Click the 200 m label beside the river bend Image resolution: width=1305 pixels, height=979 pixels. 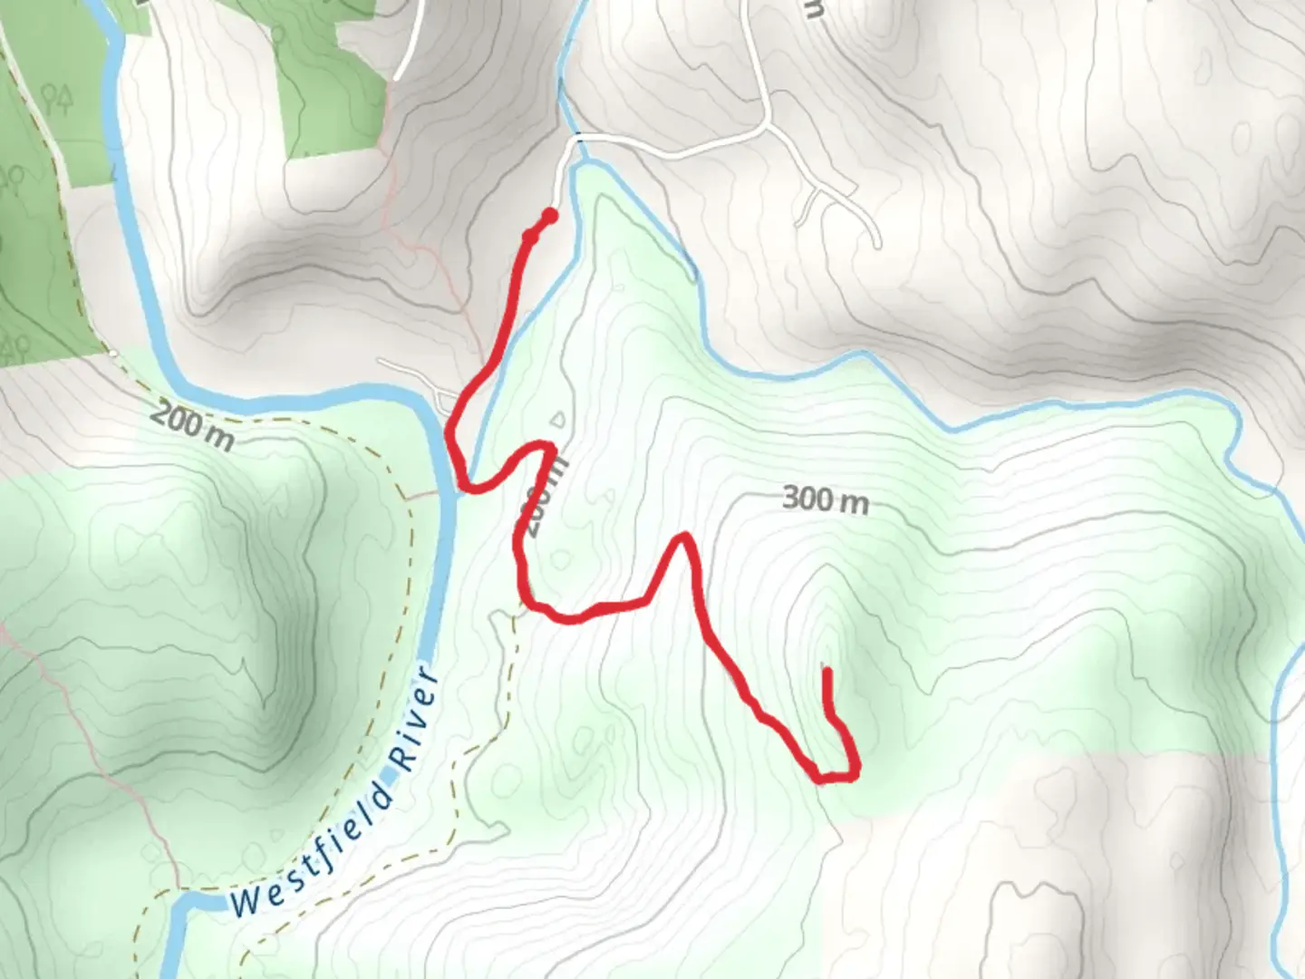click(192, 426)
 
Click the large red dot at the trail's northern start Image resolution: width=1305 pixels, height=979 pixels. click(549, 216)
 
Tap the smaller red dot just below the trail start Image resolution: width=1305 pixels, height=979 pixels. click(530, 237)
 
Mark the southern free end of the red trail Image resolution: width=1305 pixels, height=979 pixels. click(826, 672)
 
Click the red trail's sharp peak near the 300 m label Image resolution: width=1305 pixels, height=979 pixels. click(685, 538)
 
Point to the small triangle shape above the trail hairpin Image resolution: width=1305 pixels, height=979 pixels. click(559, 420)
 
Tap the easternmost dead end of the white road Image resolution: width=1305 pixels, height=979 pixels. click(877, 244)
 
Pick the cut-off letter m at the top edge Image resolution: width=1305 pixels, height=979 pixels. click(813, 8)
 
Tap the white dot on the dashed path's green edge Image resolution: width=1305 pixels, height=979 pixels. click(114, 354)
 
